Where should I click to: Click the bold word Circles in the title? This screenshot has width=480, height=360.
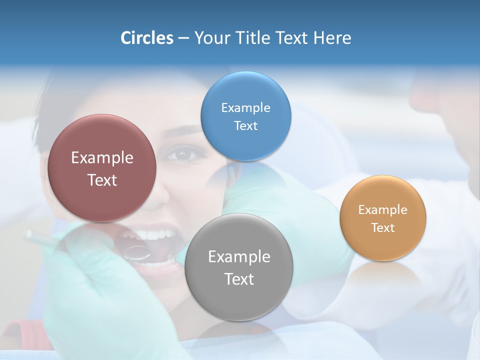[x=146, y=38]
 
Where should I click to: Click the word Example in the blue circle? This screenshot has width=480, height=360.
[x=246, y=108]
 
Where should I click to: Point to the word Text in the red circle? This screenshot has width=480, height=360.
[x=102, y=180]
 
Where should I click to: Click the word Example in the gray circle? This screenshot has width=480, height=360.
[x=239, y=257]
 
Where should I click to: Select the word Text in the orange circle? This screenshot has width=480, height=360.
[x=383, y=228]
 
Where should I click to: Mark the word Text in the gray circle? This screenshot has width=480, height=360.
[x=239, y=279]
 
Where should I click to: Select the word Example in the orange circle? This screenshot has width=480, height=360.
[x=383, y=210]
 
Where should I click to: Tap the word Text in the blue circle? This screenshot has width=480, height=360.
[x=246, y=126]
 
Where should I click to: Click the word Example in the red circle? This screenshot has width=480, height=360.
[x=102, y=158]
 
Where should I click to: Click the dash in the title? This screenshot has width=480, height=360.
[x=183, y=38]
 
